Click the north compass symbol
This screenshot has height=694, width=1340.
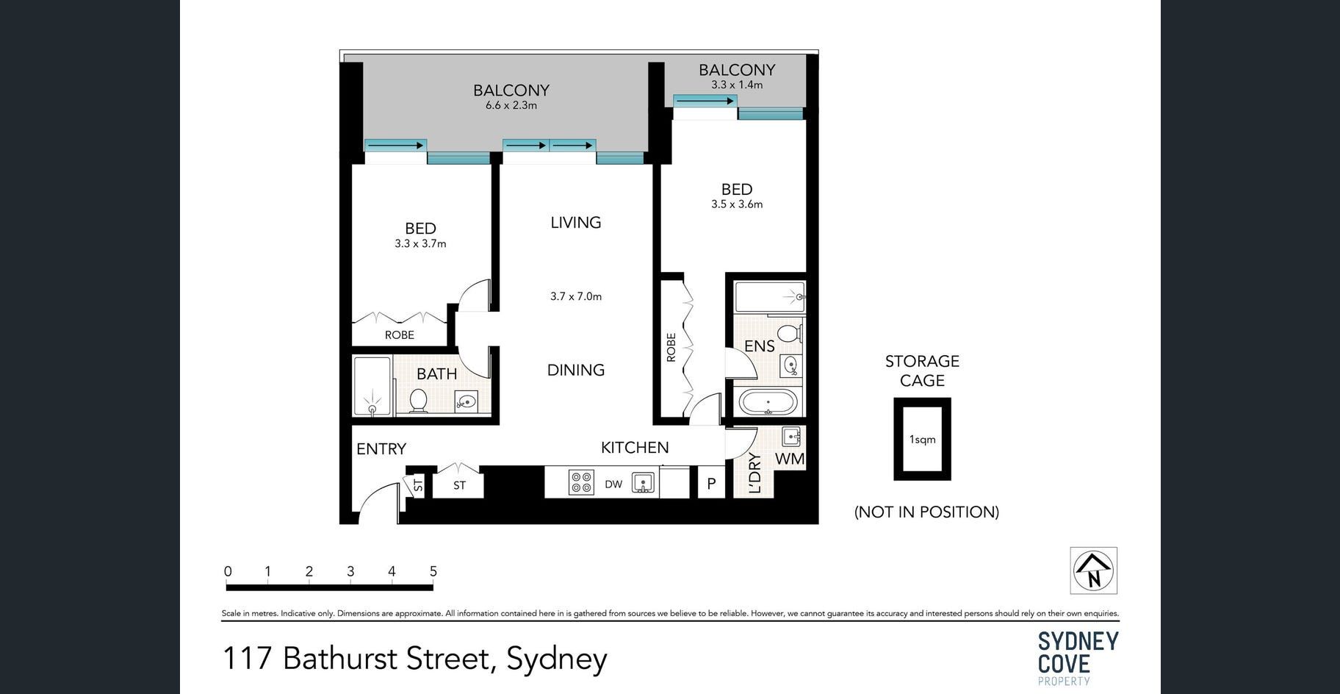click(x=1093, y=570)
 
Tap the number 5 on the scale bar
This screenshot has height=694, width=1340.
click(x=433, y=571)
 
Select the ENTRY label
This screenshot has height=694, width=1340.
click(x=381, y=448)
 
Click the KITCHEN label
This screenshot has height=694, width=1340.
click(x=635, y=447)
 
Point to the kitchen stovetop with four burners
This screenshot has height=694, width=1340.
click(x=581, y=482)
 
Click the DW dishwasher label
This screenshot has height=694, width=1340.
click(x=613, y=484)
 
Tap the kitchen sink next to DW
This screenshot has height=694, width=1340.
click(x=644, y=483)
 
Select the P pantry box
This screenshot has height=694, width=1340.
click(x=711, y=483)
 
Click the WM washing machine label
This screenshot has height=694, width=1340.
click(x=790, y=459)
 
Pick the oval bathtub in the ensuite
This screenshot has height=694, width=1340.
click(x=768, y=403)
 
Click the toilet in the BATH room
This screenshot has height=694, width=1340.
click(x=418, y=401)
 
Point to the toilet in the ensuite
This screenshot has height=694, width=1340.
click(x=789, y=334)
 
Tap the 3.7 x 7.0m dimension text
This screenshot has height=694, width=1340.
click(x=576, y=296)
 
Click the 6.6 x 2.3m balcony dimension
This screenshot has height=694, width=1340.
click(x=511, y=105)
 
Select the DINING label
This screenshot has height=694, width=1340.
click(x=576, y=370)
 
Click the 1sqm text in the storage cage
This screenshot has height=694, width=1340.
click(x=923, y=440)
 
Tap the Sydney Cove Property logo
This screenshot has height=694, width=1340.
click(x=1078, y=657)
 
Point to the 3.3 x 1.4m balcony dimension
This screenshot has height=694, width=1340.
click(x=737, y=85)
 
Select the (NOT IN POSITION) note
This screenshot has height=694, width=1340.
click(x=926, y=512)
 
